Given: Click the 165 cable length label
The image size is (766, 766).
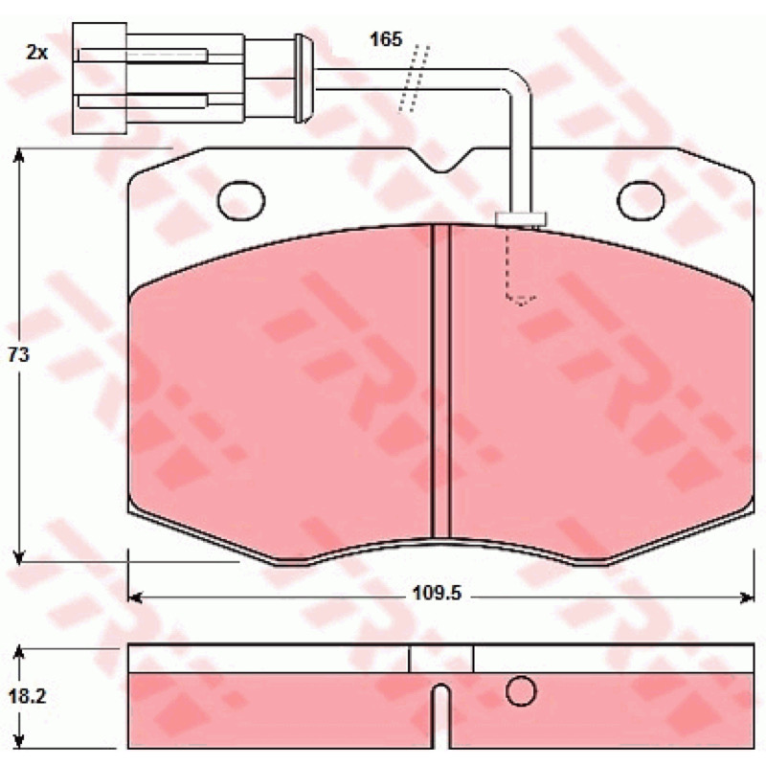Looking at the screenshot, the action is (x=386, y=39).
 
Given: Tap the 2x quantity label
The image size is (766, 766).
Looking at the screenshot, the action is (x=36, y=53).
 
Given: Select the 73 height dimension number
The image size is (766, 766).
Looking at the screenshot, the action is (x=18, y=354).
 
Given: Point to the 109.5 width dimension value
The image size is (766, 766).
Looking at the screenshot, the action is (x=438, y=594).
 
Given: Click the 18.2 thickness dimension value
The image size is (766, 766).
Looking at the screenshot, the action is (x=27, y=697).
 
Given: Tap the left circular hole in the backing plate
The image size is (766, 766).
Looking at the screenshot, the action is (x=241, y=200).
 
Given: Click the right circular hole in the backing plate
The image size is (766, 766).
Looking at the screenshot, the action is (x=641, y=200).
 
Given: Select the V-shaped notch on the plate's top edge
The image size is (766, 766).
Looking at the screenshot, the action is (x=440, y=160).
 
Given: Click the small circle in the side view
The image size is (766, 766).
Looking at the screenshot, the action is (x=521, y=691).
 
